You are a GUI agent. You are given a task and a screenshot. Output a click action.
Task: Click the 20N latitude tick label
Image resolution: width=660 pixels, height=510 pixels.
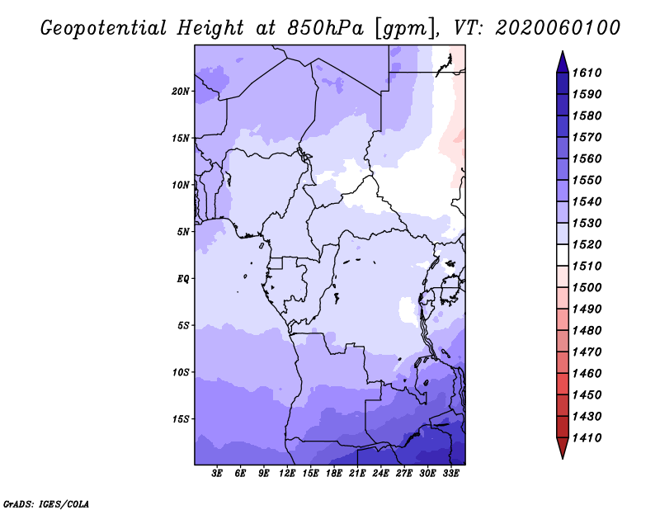(181, 92)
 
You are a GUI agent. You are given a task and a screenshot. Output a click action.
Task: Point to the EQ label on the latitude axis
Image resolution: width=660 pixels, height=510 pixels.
(182, 279)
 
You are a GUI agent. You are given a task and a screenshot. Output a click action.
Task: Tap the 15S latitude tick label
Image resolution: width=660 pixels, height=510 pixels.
(181, 419)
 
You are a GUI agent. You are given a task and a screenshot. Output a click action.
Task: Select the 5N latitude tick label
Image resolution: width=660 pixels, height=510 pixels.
(183, 232)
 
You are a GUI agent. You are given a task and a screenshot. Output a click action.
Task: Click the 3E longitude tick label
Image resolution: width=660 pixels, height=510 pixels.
(217, 474)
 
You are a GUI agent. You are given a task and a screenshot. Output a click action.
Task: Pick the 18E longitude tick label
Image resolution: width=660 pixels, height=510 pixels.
(334, 474)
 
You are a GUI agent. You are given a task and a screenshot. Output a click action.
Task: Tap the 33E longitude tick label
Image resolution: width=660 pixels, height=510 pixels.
(450, 474)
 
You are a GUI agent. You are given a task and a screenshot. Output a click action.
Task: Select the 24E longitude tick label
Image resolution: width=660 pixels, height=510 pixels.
(380, 474)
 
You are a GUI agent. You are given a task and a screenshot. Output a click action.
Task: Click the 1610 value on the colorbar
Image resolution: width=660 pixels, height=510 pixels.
(587, 73)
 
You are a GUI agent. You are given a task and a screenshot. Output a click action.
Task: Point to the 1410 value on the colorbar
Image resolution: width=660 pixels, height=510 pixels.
(587, 438)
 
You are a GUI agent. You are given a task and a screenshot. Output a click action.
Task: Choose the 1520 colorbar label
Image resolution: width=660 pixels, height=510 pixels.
(587, 244)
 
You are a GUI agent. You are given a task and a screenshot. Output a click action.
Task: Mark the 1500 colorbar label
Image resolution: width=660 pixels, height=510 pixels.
(587, 288)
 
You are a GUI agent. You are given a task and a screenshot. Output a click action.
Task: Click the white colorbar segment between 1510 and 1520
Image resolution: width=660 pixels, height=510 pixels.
(563, 255)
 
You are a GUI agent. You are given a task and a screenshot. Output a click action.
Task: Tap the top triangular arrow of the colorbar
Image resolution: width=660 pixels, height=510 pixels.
(563, 63)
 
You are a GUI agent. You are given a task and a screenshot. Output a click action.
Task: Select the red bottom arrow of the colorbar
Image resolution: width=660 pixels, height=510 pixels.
(563, 447)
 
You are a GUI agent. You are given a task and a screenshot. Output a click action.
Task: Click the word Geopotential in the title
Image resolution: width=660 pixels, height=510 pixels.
(104, 29)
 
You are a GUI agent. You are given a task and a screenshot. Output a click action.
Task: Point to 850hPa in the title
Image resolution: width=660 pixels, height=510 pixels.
(325, 28)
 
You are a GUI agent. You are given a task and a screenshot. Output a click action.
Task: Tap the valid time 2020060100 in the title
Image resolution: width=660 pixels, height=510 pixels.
(558, 28)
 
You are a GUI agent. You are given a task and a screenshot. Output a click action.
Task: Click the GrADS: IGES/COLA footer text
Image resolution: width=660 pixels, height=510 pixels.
(46, 504)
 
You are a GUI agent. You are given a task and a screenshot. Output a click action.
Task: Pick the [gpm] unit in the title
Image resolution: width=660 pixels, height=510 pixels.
(405, 29)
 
